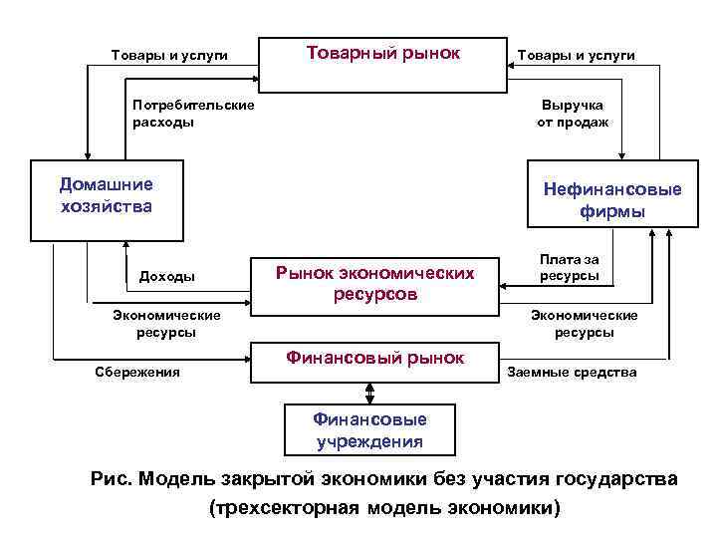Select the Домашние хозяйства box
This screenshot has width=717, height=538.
point(107,198)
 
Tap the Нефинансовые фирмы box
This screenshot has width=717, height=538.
point(610,199)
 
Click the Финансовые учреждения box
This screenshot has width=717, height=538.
point(369,430)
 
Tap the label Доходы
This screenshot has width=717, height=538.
point(167,276)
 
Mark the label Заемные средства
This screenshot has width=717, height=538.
point(572,372)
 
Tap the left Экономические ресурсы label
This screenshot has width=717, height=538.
point(166,324)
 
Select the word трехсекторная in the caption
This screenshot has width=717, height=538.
point(286,508)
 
